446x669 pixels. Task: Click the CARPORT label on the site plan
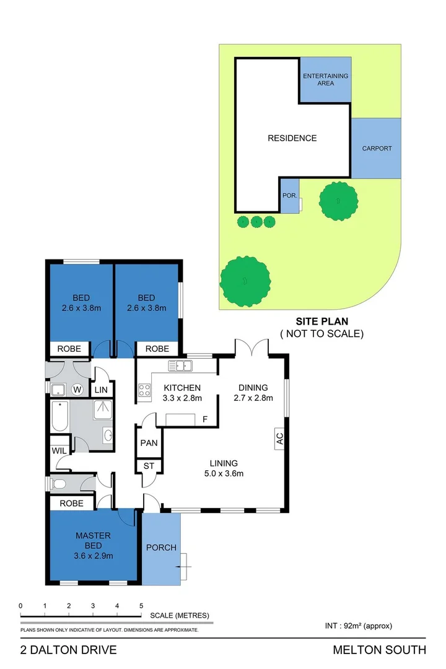point(377,149)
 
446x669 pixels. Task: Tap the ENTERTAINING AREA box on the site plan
point(325,79)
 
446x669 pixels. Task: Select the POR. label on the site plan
point(289,195)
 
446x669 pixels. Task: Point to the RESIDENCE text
point(292,138)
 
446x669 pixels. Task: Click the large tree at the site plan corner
point(245,281)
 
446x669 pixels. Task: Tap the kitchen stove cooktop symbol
point(144,390)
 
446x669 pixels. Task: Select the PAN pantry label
point(149,444)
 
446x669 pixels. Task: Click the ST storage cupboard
point(149,466)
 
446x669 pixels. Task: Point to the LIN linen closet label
point(100,390)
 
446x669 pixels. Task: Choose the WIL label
point(59,450)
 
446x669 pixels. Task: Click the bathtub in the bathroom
point(60,417)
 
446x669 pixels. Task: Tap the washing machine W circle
point(77,390)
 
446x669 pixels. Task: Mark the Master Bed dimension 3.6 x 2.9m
point(94,556)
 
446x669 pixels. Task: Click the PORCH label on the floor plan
point(161,548)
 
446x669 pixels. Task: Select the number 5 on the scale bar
point(141,606)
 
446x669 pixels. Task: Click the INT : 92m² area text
point(359,626)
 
